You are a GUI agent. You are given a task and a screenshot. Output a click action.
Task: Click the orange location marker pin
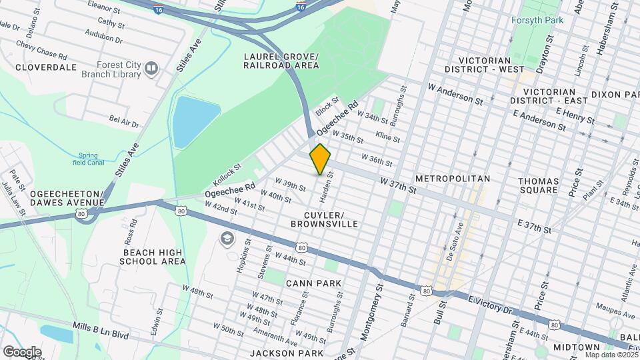[x=321, y=159]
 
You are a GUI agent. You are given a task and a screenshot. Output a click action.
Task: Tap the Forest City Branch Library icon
[x=152, y=68]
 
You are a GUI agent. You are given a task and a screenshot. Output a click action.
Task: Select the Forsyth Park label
[x=537, y=20]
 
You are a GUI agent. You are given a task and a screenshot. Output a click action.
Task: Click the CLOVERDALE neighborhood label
[x=46, y=67]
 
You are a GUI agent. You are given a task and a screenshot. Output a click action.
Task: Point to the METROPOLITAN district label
[x=452, y=179]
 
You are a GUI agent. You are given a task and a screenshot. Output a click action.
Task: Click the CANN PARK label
[x=313, y=283]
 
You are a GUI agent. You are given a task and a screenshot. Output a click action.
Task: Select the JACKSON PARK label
[x=287, y=351]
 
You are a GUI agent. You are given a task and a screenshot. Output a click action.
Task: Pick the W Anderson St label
[x=455, y=93]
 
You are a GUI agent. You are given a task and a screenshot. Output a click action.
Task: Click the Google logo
[x=22, y=351]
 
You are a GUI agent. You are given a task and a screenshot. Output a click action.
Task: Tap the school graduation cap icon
[x=227, y=238]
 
